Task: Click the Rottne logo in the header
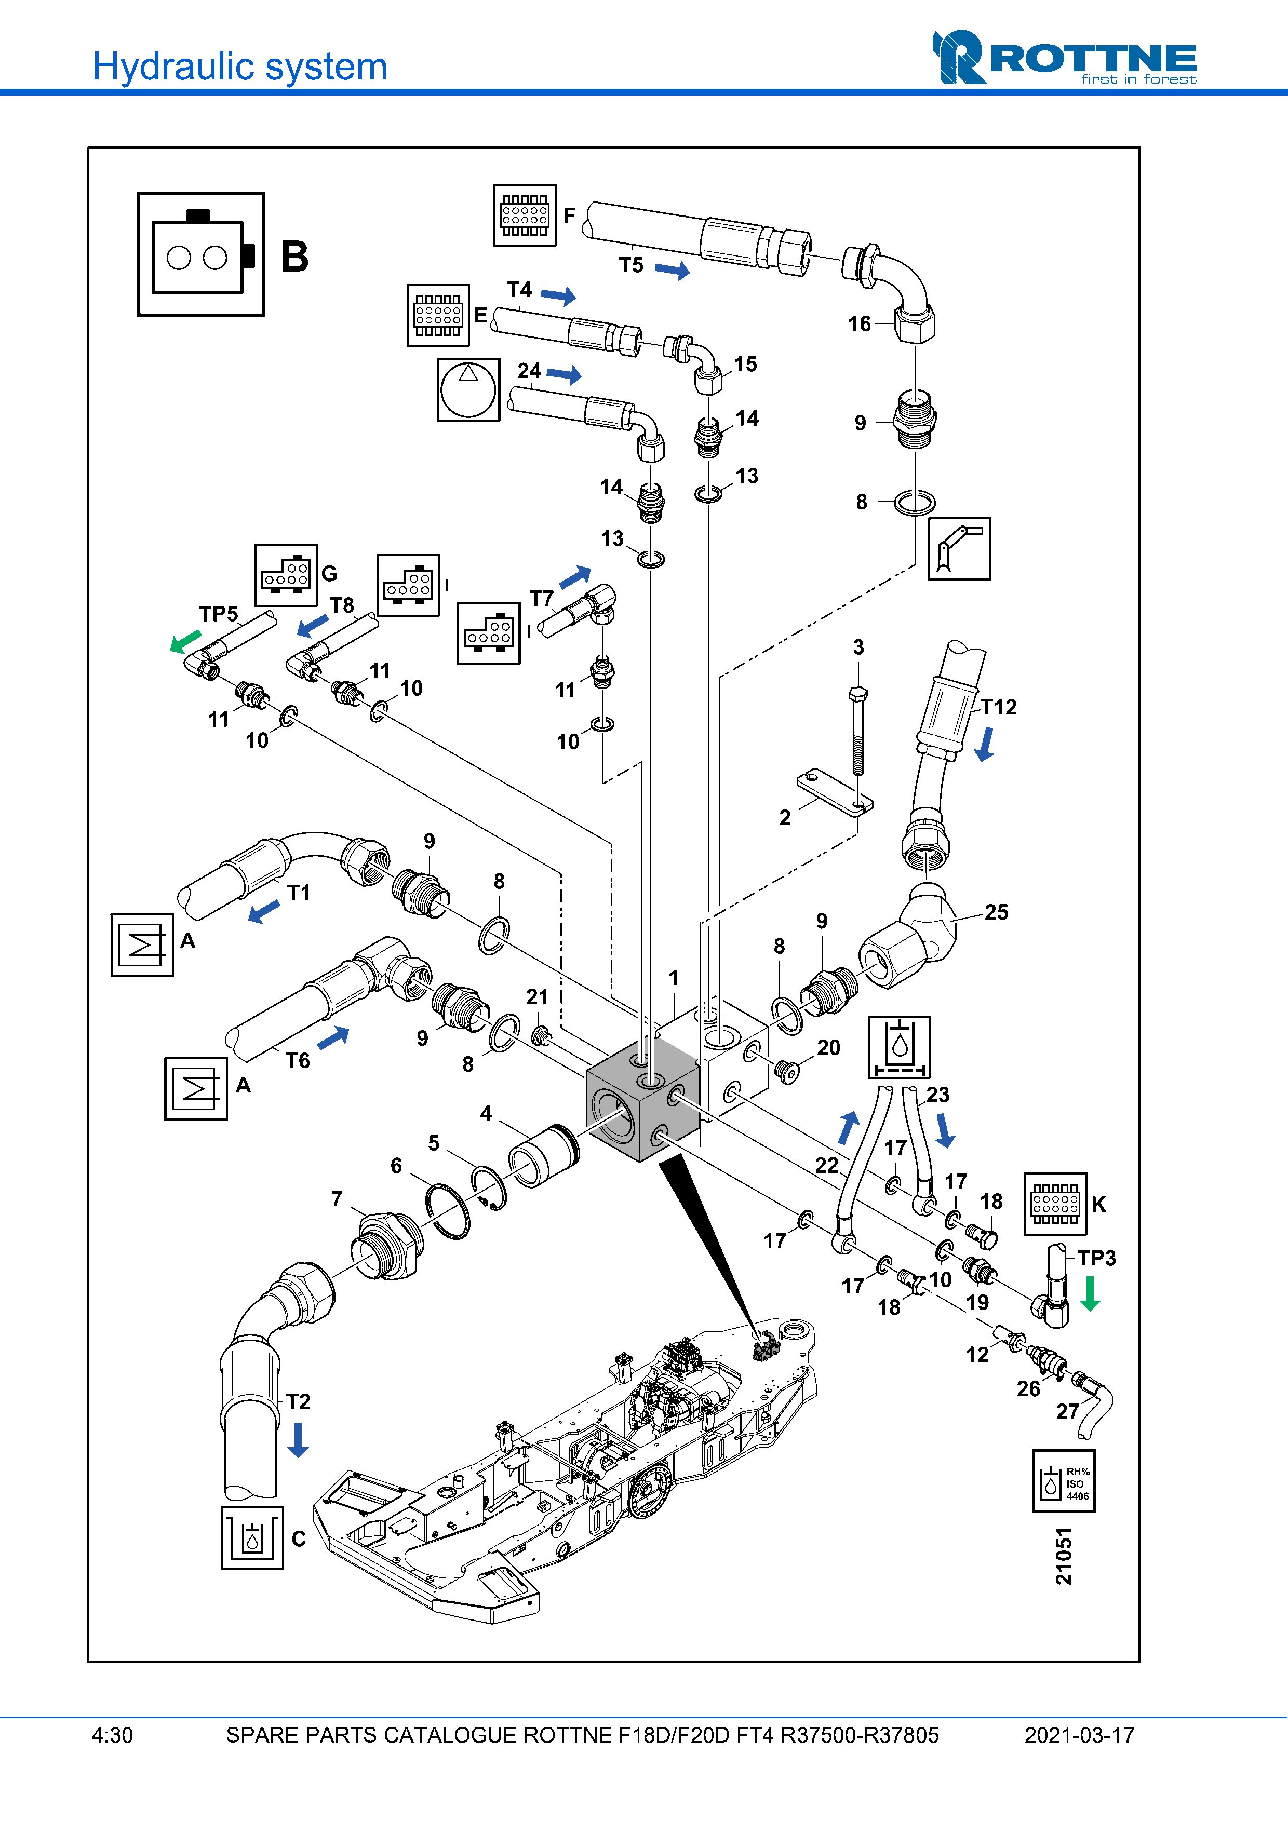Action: click(1064, 58)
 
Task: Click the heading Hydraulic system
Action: click(239, 66)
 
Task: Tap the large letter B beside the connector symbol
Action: click(294, 257)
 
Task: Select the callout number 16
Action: click(860, 324)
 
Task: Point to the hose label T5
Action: click(631, 265)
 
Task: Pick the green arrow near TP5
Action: click(186, 640)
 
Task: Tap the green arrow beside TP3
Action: click(1091, 1293)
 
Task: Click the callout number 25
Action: click(996, 912)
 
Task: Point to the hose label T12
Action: click(998, 707)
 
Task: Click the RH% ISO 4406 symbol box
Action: click(1064, 1481)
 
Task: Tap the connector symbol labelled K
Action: click(1055, 1204)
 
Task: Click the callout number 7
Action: click(337, 1198)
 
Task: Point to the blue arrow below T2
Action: click(298, 1439)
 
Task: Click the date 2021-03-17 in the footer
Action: click(1079, 1735)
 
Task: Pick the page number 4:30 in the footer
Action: click(113, 1735)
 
